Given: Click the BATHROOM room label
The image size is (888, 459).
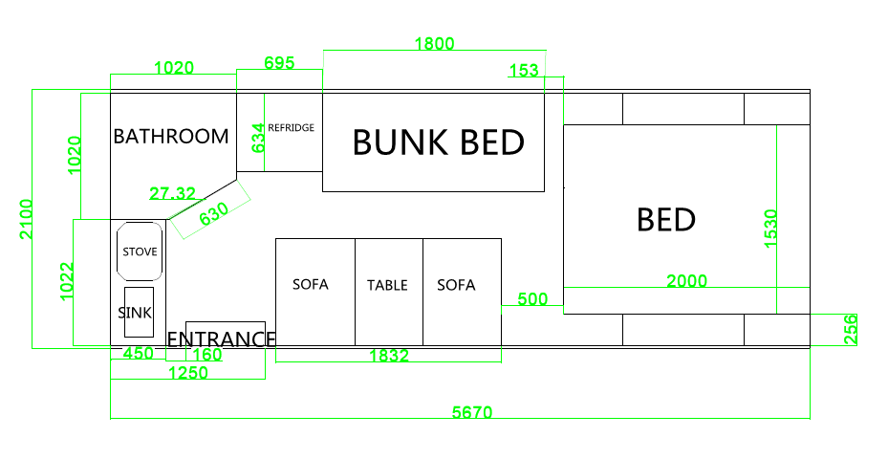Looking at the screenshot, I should tap(171, 136).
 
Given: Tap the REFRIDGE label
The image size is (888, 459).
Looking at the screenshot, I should tap(291, 127).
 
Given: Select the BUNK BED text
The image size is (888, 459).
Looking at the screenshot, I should tap(438, 142).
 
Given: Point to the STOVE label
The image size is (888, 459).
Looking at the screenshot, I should tap(140, 251).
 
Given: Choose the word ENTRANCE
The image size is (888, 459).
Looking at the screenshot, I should tap(222, 339).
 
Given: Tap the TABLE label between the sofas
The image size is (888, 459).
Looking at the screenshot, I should tap(387, 285).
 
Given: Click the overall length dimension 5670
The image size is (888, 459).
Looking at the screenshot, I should tap(471, 413).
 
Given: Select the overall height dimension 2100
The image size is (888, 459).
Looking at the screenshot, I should tap(25, 220).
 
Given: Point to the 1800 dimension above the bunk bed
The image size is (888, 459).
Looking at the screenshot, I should tap(434, 43).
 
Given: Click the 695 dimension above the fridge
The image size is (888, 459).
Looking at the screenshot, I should tap(279, 63).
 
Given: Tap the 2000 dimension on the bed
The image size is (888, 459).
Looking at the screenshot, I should tap(686, 280).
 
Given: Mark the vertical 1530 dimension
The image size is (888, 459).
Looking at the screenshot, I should tap(771, 229).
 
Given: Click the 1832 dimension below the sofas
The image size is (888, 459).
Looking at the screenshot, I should tap(389, 356).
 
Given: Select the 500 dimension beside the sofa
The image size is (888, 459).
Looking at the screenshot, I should tap(532, 299).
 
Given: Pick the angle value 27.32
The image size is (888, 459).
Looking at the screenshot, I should tap(172, 194).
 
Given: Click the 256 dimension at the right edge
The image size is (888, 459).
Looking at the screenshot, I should tap(850, 330).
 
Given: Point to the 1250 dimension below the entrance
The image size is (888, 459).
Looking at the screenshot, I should tap(187, 374).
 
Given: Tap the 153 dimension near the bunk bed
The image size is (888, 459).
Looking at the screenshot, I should tap(524, 70).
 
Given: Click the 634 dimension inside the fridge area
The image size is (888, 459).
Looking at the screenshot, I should tap(257, 139).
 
